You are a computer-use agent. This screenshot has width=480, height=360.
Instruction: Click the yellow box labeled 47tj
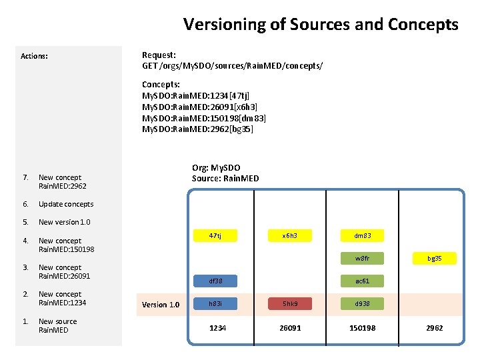[x=215, y=235]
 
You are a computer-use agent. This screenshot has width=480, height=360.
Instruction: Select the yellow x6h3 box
[x=289, y=235]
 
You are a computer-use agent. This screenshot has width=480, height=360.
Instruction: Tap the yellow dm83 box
[x=363, y=235]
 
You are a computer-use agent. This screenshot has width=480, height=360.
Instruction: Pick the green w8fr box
[x=363, y=258]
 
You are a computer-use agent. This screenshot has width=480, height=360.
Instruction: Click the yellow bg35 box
[x=434, y=258]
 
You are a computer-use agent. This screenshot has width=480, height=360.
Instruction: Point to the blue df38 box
[x=215, y=281]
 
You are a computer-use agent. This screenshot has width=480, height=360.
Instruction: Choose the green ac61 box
[x=363, y=281]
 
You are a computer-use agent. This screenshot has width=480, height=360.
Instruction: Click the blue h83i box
[x=215, y=304]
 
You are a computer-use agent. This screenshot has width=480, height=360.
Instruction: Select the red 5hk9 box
[x=289, y=304]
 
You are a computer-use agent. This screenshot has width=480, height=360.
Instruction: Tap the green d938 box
[x=363, y=304]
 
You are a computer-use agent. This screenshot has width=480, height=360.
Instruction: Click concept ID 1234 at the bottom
[x=217, y=328]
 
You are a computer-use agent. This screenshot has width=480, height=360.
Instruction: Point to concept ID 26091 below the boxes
[x=290, y=328]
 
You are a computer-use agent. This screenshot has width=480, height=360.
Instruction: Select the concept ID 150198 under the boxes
[x=363, y=328]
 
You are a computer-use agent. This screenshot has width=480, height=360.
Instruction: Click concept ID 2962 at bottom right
[x=434, y=328]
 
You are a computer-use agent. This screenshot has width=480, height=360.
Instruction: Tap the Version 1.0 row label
[x=161, y=305]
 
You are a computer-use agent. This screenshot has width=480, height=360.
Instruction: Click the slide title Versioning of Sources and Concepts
[x=321, y=25]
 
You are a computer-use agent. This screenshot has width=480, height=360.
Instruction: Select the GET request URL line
[x=232, y=66]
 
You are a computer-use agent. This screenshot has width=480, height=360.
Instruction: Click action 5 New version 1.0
[x=64, y=222]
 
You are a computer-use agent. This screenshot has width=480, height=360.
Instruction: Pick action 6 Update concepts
[x=66, y=204]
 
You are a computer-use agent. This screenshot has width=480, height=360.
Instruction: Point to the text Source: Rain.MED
[x=225, y=178]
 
